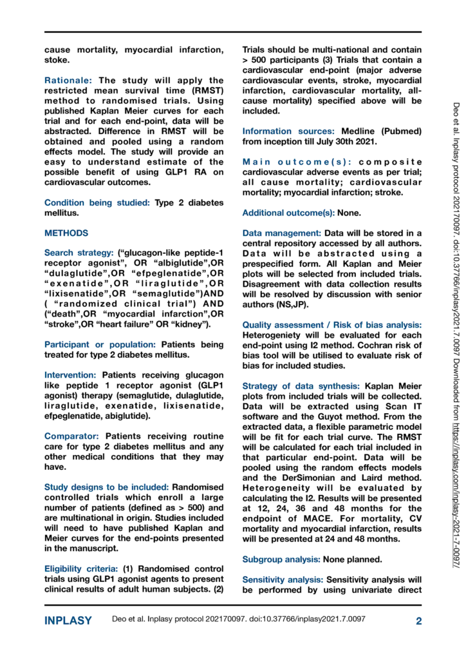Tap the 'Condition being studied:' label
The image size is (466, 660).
(97, 203)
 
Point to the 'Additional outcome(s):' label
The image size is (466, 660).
(289, 213)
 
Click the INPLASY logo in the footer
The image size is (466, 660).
(68, 621)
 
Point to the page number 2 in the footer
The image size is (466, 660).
(418, 621)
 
